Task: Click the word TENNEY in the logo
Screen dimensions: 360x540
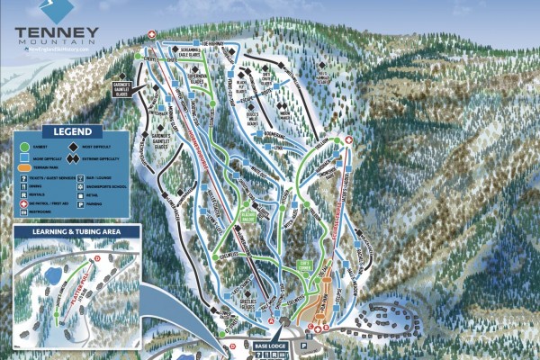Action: [x=55, y=30]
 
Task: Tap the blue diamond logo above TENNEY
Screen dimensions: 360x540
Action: [x=57, y=10]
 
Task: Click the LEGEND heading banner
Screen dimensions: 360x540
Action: [x=71, y=130]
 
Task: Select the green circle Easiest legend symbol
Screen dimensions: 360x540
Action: [x=22, y=145]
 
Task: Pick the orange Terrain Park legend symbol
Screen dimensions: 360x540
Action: [x=23, y=166]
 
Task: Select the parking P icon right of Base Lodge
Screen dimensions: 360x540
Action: [x=304, y=344]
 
